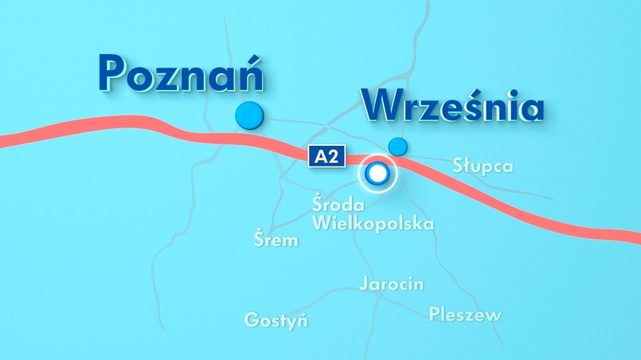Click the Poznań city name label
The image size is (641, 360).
182,73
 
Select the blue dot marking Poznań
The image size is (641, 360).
250,115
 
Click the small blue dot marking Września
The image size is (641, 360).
397,147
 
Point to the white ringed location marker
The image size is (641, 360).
377,173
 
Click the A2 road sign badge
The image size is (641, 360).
326,156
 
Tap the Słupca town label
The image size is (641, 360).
483,166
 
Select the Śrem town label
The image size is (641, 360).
276,239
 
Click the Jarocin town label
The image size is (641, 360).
391,284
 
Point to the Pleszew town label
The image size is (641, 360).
465,315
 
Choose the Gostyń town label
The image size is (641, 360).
276,321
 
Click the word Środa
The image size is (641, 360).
338,205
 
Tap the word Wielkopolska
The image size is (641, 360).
373,223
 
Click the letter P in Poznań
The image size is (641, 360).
115,73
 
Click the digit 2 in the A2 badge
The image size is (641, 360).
333,156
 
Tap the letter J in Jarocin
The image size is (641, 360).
364,284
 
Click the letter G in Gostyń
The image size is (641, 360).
252,321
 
